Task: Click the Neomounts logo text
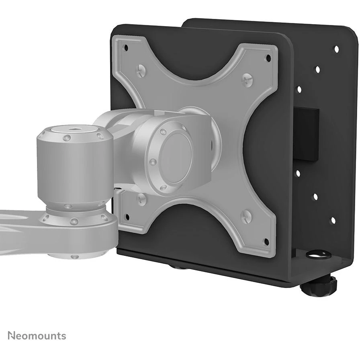(37, 335)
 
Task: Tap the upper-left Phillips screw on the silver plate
(141, 70)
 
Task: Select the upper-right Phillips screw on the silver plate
(247, 80)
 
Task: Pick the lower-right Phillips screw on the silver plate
(246, 216)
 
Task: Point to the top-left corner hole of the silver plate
(126, 48)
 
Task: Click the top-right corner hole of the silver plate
(268, 57)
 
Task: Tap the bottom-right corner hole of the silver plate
(266, 241)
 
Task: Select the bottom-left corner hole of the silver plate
(127, 217)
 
